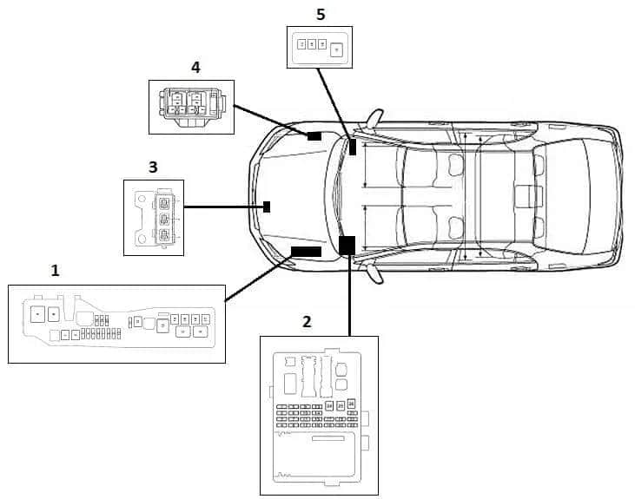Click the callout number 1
coord(56,271)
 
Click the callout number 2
coord(307,322)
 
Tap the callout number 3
coord(153,167)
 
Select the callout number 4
coord(195,67)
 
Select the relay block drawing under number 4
coord(191,107)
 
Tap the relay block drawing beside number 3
coord(154,217)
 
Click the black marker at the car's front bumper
coord(268,207)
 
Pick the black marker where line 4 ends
coord(314,136)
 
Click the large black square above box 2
coord(347,245)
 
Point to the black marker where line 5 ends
coord(353,147)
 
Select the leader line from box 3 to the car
coord(223,207)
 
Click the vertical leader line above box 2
coord(349,295)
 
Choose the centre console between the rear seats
coord(524,196)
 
